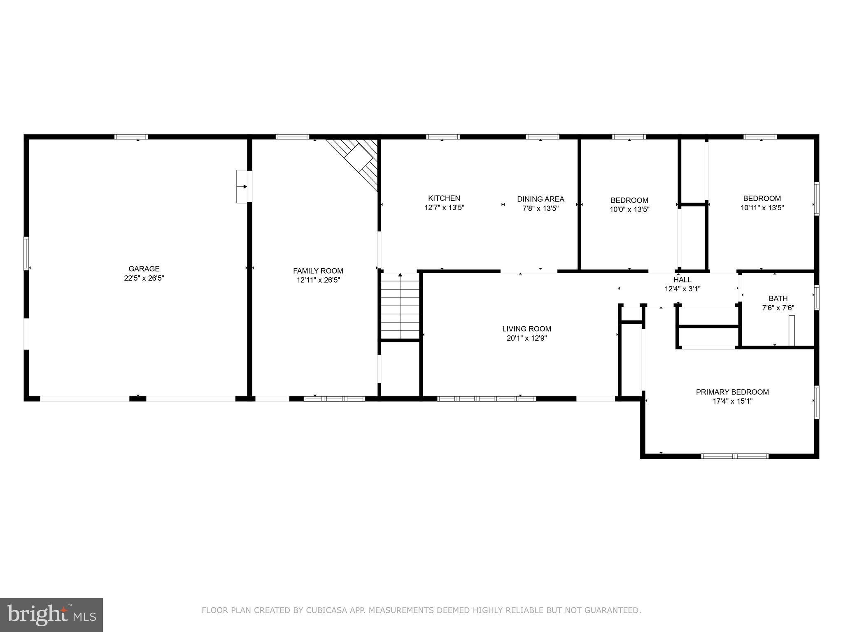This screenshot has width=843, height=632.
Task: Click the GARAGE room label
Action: point(144,269)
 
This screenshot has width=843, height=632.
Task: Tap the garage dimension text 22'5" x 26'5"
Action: point(144,278)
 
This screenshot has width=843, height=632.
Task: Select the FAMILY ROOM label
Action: point(318,271)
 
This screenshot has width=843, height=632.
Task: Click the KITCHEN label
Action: point(444,198)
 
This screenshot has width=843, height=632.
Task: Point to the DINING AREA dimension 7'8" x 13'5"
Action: point(540,208)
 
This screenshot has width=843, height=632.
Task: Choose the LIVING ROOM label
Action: point(526,329)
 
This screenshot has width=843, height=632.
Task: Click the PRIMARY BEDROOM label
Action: point(732,392)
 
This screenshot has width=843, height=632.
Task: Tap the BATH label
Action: point(778,298)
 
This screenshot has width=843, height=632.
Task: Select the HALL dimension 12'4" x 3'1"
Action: point(682,289)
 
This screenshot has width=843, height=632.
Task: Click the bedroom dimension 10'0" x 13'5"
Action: point(629,209)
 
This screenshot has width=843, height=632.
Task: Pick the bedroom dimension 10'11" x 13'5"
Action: point(761,208)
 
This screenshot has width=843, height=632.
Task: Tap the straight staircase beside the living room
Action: point(400,307)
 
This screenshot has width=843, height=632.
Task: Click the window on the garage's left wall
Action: point(26,253)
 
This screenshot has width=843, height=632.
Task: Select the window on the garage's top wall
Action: point(131,137)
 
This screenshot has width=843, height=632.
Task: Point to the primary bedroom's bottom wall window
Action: point(734,456)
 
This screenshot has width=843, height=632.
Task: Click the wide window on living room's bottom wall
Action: point(486,398)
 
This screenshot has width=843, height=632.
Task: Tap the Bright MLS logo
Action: point(51,615)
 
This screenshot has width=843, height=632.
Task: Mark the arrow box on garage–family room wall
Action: point(243,187)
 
